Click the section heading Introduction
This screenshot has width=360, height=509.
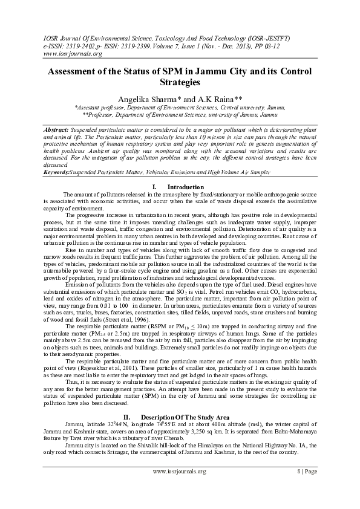(x=186, y=186)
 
